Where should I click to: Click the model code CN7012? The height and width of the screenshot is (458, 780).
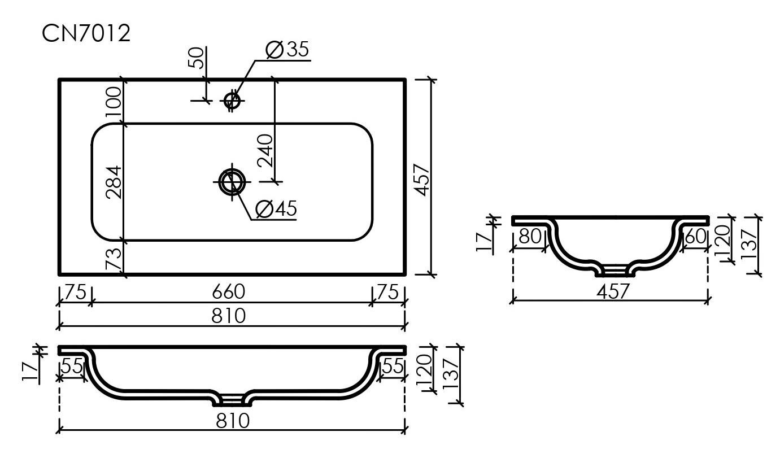tap(86, 33)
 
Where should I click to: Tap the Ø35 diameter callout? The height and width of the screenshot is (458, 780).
tap(287, 50)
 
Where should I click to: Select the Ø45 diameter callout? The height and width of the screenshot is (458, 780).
tap(276, 208)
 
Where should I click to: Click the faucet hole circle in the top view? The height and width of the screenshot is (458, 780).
tap(232, 101)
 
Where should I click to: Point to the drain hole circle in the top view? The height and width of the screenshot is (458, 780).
tap(232, 182)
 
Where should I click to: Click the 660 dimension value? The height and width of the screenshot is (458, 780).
tap(229, 291)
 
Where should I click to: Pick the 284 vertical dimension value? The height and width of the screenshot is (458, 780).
tap(114, 182)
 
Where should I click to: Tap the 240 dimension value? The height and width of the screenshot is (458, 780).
tap(265, 150)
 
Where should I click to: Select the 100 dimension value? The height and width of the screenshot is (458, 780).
tap(114, 102)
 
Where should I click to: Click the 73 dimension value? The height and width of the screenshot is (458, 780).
tap(114, 259)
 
